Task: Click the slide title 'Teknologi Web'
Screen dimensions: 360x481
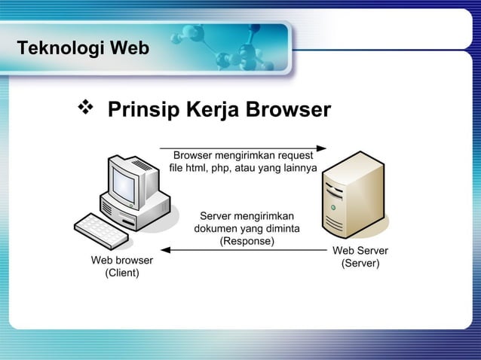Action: click(83, 50)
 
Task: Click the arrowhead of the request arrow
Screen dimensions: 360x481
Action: click(321, 148)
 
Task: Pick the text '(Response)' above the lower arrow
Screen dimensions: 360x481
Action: click(247, 241)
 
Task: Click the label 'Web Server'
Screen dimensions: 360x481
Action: click(360, 251)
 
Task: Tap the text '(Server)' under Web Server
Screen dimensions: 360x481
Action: click(360, 264)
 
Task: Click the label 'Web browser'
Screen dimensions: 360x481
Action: click(122, 260)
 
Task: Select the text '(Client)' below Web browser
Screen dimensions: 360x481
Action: click(121, 273)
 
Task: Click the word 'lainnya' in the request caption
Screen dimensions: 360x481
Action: click(299, 167)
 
